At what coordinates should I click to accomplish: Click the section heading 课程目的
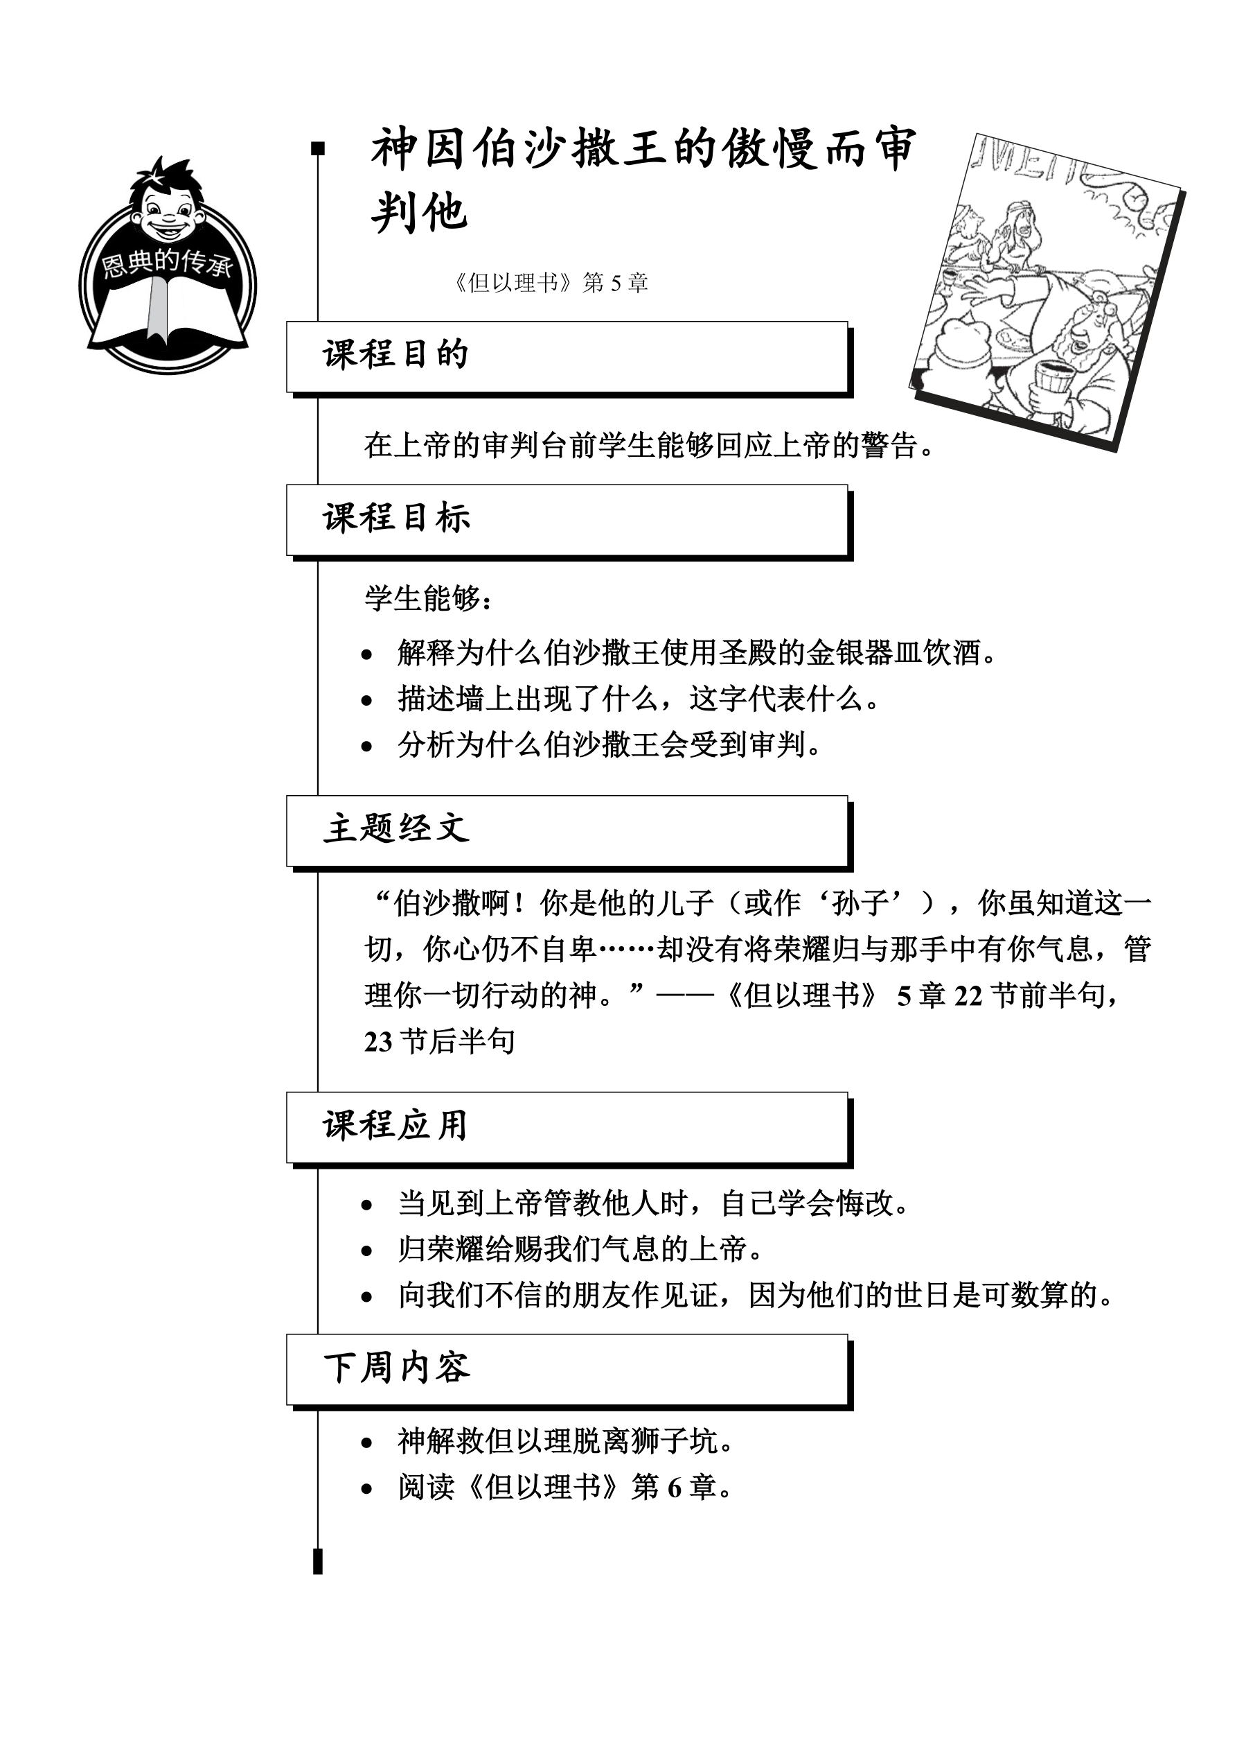point(395,355)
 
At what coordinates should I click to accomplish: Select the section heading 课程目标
point(396,518)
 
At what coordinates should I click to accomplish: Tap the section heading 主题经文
point(396,828)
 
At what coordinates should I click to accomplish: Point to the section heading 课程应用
point(395,1125)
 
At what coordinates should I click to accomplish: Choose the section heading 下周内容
point(396,1368)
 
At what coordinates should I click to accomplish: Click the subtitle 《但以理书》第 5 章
point(549,283)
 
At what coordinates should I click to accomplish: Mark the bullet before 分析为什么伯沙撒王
point(367,747)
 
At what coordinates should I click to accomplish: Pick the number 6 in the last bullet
point(675,1488)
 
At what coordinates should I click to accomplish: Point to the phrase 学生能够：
point(428,599)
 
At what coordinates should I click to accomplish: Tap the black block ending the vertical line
point(319,1562)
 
